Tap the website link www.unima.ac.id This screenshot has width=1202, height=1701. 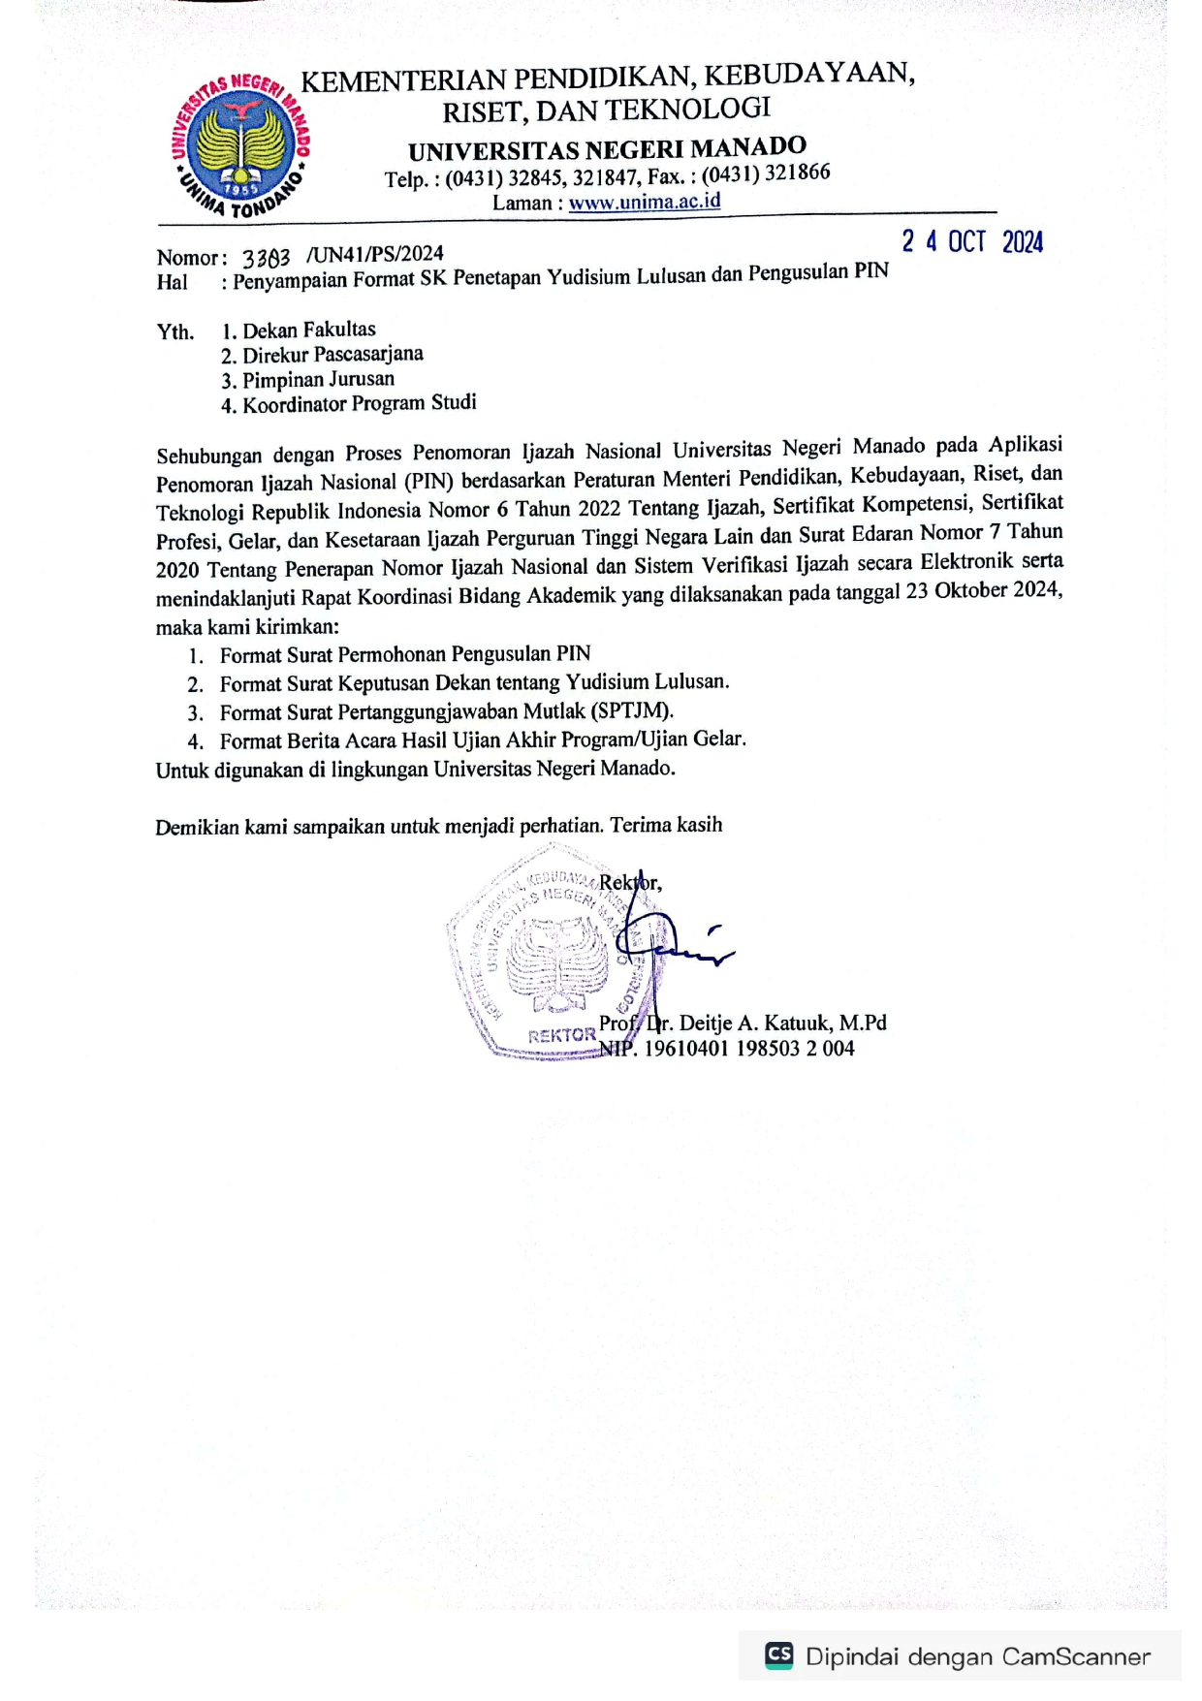pyautogui.click(x=645, y=202)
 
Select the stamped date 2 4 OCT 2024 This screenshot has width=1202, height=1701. pyautogui.click(x=972, y=241)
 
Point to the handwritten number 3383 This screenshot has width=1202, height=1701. pyautogui.click(x=266, y=258)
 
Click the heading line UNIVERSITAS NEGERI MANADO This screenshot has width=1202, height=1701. pyautogui.click(x=607, y=149)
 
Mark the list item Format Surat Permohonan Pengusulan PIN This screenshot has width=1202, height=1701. pyautogui.click(x=405, y=654)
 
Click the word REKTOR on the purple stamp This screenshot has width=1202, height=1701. pyautogui.click(x=561, y=1035)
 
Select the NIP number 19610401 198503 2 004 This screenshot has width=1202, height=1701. pyautogui.click(x=749, y=1048)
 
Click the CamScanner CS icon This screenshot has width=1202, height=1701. pyautogui.click(x=778, y=1654)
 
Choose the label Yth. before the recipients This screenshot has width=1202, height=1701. pyautogui.click(x=175, y=332)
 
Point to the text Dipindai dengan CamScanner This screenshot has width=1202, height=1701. pyautogui.click(x=977, y=1656)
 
